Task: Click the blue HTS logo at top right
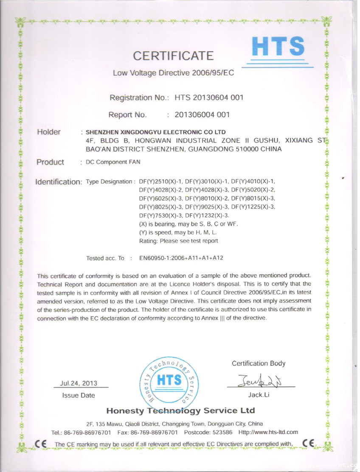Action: [x=278, y=46]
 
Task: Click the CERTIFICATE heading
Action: [x=173, y=56]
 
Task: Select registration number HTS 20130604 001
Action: [x=209, y=98]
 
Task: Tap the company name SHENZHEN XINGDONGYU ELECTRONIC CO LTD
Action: [x=156, y=132]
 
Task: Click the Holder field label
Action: [x=49, y=132]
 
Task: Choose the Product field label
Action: [x=50, y=162]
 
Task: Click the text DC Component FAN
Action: [x=113, y=162]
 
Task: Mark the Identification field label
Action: [x=58, y=182]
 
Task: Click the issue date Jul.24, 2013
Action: [x=79, y=383]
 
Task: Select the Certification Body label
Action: [x=259, y=363]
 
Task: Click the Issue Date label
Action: [x=79, y=395]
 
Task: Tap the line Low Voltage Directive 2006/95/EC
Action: [x=173, y=73]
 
